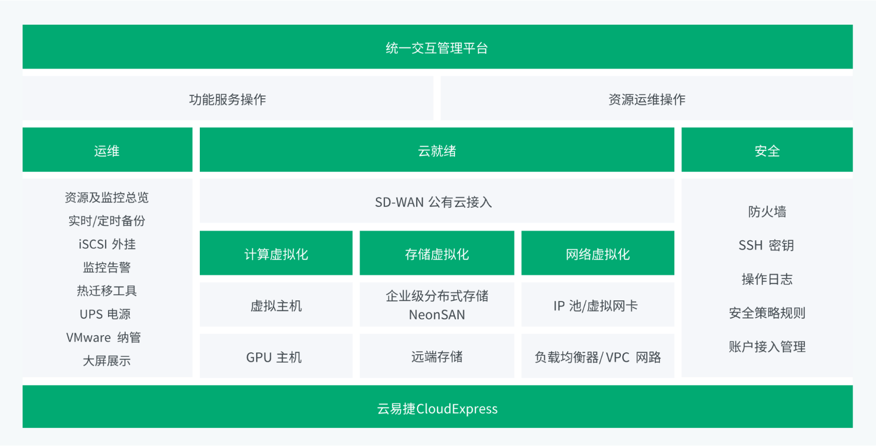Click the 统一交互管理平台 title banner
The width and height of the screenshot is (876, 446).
[x=437, y=47]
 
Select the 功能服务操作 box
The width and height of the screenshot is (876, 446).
[x=228, y=99]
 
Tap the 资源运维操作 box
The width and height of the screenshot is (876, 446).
[x=646, y=99]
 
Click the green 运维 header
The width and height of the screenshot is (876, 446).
[x=107, y=150]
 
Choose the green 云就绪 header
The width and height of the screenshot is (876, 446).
[x=437, y=150]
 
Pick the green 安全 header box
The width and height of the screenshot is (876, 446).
[x=767, y=150]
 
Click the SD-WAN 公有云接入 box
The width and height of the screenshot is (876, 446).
[x=437, y=201]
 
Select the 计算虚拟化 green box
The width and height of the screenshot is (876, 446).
[x=276, y=253]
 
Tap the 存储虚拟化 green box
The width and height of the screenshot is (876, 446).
[x=437, y=253]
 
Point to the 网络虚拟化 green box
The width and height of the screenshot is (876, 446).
[x=598, y=253]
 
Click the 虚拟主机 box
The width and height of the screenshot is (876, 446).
[x=276, y=305]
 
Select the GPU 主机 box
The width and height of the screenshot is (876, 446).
[x=276, y=356]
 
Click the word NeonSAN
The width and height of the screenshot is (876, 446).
[x=437, y=315]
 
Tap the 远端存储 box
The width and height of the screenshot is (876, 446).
[x=437, y=356]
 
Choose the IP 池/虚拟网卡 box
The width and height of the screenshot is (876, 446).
[x=598, y=305]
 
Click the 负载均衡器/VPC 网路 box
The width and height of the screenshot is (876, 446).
[x=598, y=356]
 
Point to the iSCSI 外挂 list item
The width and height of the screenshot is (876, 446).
[x=107, y=244]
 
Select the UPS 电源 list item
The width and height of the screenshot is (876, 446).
[x=105, y=314]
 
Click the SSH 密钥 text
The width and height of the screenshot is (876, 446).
[x=766, y=245]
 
